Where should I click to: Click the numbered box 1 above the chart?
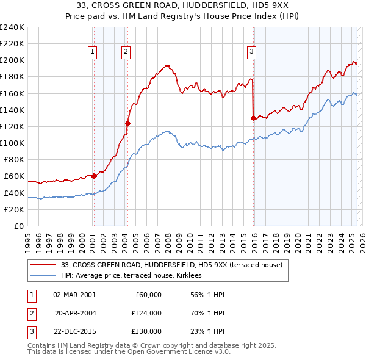pyautogui.click(x=92, y=52)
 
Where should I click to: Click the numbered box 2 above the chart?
pyautogui.click(x=126, y=52)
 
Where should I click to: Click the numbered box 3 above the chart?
pyautogui.click(x=251, y=52)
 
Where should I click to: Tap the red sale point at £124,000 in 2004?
pyautogui.click(x=127, y=123)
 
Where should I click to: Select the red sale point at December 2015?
pyautogui.click(x=253, y=118)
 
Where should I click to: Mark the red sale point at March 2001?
pyautogui.click(x=94, y=176)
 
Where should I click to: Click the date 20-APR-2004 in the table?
pyautogui.click(x=75, y=313)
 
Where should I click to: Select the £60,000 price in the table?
pyautogui.click(x=147, y=295)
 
